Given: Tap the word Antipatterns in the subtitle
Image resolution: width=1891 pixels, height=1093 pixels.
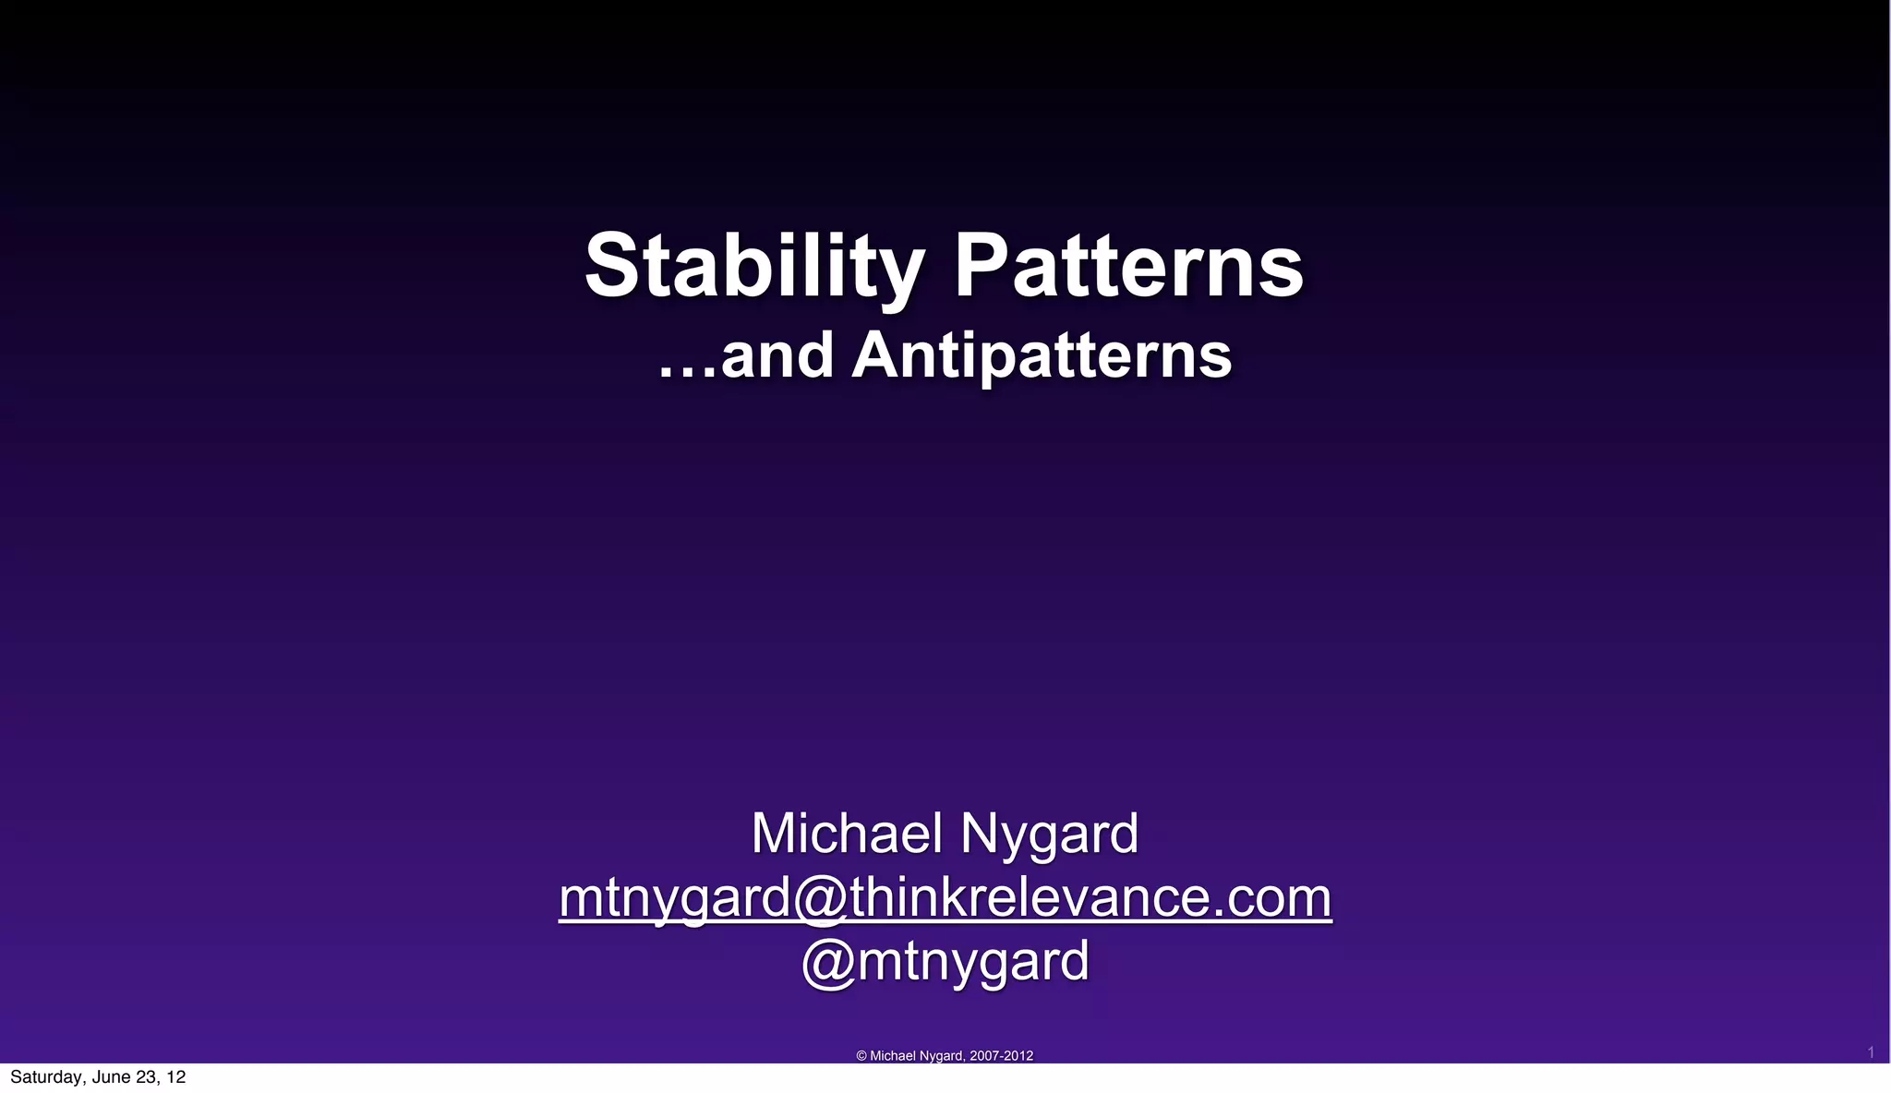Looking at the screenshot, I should pyautogui.click(x=1042, y=356).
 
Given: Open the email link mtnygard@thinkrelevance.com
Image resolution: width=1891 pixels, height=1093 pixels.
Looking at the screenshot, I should pyautogui.click(x=945, y=897).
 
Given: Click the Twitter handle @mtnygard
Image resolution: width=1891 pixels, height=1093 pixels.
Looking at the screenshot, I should pyautogui.click(x=945, y=962).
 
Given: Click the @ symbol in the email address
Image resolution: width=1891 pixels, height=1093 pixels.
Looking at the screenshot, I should pyautogui.click(x=820, y=897).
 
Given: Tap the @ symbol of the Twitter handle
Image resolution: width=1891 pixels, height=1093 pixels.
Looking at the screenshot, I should pyautogui.click(x=829, y=962).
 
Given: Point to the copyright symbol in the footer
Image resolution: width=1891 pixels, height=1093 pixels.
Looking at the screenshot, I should pyautogui.click(x=861, y=1056).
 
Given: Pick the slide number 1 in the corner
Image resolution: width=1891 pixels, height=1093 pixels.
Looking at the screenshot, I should pyautogui.click(x=1871, y=1052).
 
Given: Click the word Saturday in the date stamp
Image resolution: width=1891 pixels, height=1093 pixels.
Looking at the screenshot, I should pyautogui.click(x=47, y=1077).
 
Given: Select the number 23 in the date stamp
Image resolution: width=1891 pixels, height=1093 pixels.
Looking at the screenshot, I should pyautogui.click(x=147, y=1077).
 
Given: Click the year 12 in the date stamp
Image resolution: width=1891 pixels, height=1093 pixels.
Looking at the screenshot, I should pyautogui.click(x=176, y=1077).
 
